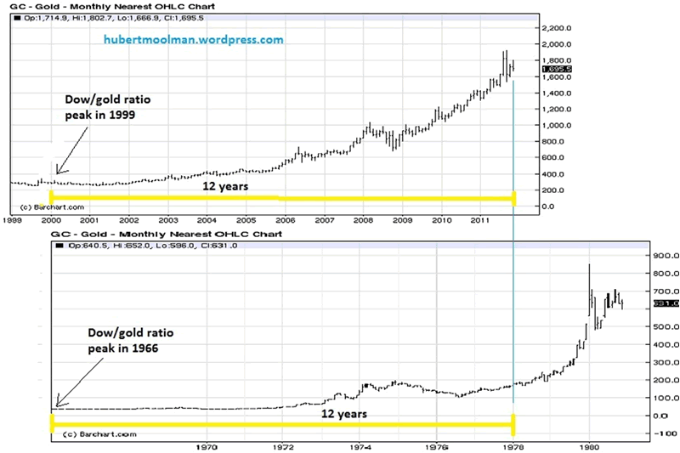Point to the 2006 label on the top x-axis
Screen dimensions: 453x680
tap(286, 219)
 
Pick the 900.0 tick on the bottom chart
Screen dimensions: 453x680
tap(643, 255)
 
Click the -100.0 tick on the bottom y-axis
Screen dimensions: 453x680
tap(643, 433)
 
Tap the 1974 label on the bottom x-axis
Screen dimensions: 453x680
tap(360, 444)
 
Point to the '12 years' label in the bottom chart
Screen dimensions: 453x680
tap(343, 414)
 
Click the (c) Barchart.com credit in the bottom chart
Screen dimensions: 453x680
tap(93, 434)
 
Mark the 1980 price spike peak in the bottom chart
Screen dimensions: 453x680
tap(589, 265)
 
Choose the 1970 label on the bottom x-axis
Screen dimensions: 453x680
tap(207, 444)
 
